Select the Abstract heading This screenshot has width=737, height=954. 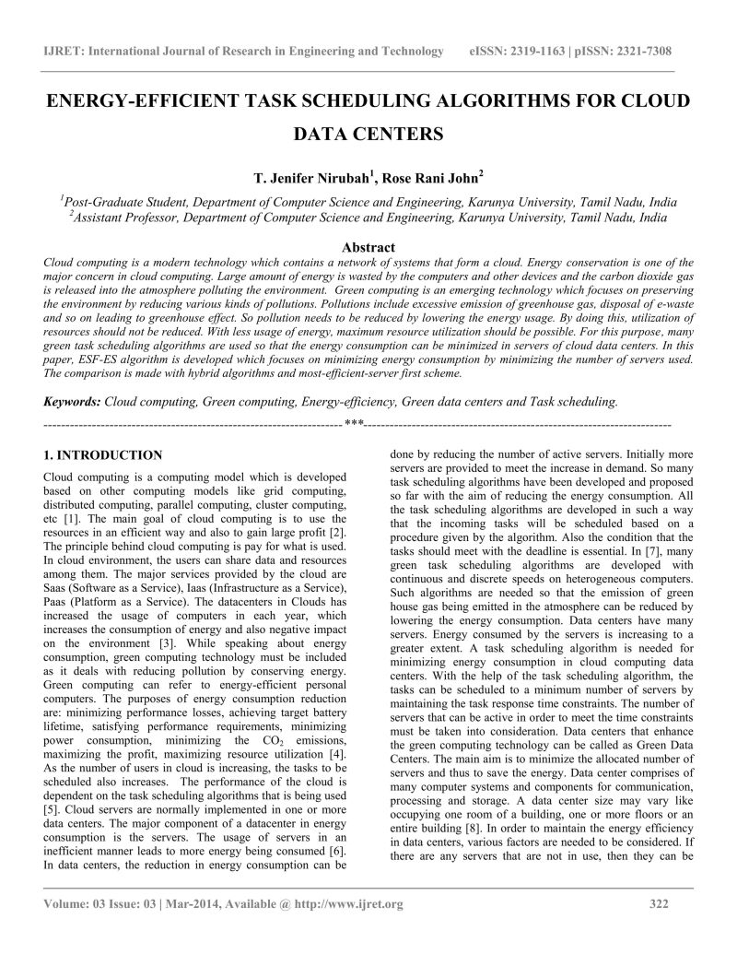(x=368, y=247)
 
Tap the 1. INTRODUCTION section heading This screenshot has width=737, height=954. (x=103, y=455)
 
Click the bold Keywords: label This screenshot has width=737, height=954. (x=73, y=403)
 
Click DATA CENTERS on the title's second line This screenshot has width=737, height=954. (x=368, y=135)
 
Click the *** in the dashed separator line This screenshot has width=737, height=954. (x=355, y=424)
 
